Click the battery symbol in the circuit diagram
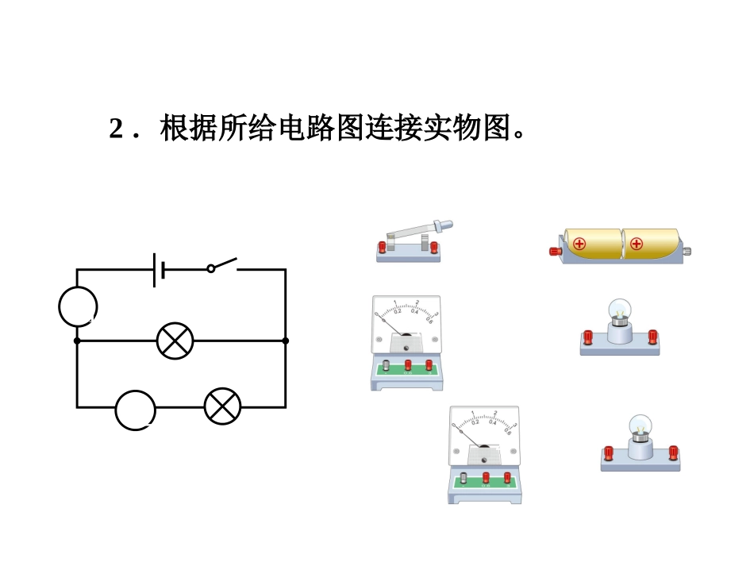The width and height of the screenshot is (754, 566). (x=159, y=270)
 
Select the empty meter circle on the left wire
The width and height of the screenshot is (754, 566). (x=78, y=307)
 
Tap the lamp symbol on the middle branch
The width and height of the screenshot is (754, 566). (x=175, y=341)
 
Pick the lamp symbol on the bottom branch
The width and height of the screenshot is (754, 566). (x=222, y=406)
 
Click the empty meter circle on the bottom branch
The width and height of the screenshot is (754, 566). (x=135, y=410)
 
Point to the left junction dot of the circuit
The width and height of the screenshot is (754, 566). (x=77, y=341)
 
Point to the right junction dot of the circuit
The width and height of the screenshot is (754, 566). (x=286, y=341)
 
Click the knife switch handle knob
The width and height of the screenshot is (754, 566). (x=448, y=225)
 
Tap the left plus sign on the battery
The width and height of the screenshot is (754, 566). (x=579, y=244)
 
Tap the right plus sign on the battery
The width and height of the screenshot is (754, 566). (x=637, y=244)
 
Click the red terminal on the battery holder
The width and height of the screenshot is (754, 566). (x=555, y=252)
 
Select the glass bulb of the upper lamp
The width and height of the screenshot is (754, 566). (x=618, y=310)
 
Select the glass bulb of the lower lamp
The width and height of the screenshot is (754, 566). (x=639, y=425)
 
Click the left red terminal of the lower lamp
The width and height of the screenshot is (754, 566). (x=608, y=453)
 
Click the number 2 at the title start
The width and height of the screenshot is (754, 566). (x=116, y=128)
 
